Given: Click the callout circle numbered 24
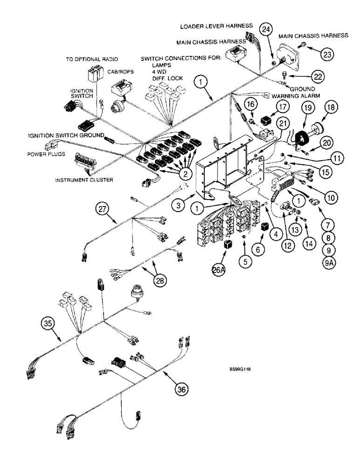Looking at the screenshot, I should [266, 30].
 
